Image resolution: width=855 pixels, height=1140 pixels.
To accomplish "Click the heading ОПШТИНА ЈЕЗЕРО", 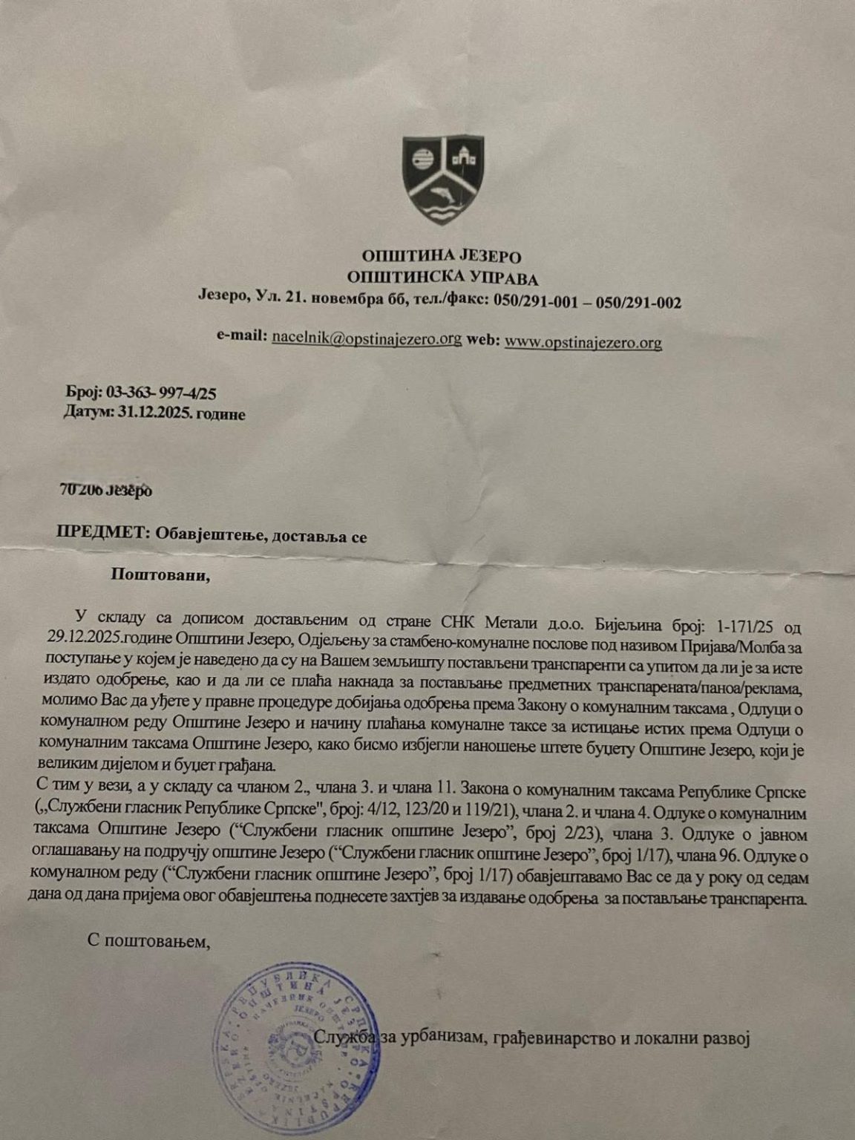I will point(442,258).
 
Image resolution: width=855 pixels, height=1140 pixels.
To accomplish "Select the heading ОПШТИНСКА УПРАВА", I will point(443,279).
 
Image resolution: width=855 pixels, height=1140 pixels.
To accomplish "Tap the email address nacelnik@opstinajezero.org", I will point(367,338).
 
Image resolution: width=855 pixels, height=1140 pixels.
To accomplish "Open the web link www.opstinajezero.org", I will point(583,342).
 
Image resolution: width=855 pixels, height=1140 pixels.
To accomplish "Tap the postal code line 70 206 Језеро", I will point(105,491).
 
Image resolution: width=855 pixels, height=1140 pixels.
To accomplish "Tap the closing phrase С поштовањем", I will point(149,942).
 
